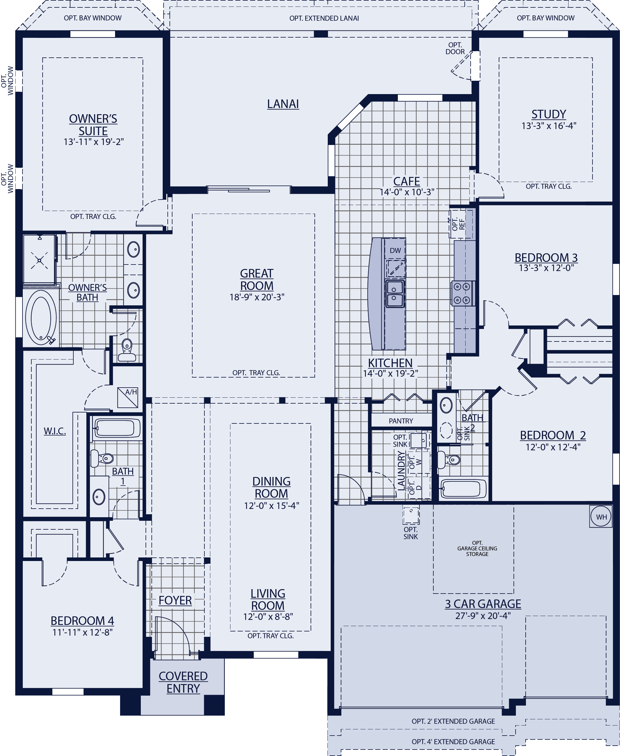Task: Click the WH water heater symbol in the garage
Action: [x=601, y=517]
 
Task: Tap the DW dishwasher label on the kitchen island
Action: [x=395, y=250]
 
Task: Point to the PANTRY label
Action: [x=401, y=421]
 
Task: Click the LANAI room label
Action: [x=283, y=104]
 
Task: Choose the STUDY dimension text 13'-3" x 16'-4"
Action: [x=549, y=126]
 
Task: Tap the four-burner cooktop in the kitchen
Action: [x=462, y=293]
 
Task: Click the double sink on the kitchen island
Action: [x=395, y=294]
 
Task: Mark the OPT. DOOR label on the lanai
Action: [x=455, y=48]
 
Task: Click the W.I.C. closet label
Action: [x=55, y=431]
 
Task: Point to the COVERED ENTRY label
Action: [x=183, y=682]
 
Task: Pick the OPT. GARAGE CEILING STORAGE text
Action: [x=477, y=548]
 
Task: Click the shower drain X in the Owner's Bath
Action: [x=39, y=260]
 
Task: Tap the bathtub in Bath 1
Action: [x=117, y=428]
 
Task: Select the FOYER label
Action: [x=175, y=601]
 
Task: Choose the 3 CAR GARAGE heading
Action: [x=483, y=604]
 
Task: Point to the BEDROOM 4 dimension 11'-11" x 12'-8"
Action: [x=83, y=632]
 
